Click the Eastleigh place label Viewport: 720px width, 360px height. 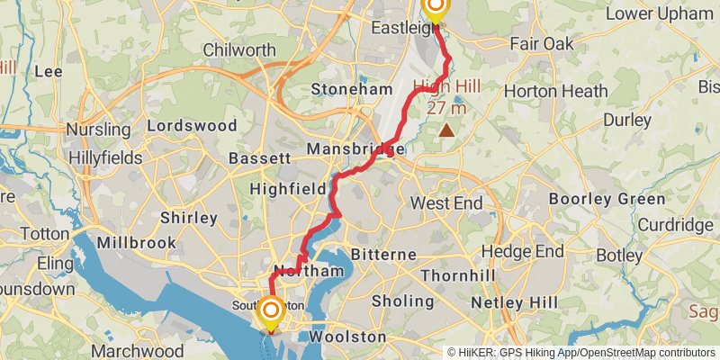(x=398, y=29)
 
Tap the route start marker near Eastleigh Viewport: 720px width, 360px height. (x=435, y=9)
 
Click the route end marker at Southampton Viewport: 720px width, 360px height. (x=269, y=312)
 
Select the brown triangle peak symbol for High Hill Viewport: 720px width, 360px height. (x=446, y=130)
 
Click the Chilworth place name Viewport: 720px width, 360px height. (x=240, y=49)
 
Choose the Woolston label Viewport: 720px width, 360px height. (x=347, y=337)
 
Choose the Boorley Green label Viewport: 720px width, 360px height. (x=607, y=199)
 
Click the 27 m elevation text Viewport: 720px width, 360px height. (x=447, y=108)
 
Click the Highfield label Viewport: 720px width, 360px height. (x=287, y=189)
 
